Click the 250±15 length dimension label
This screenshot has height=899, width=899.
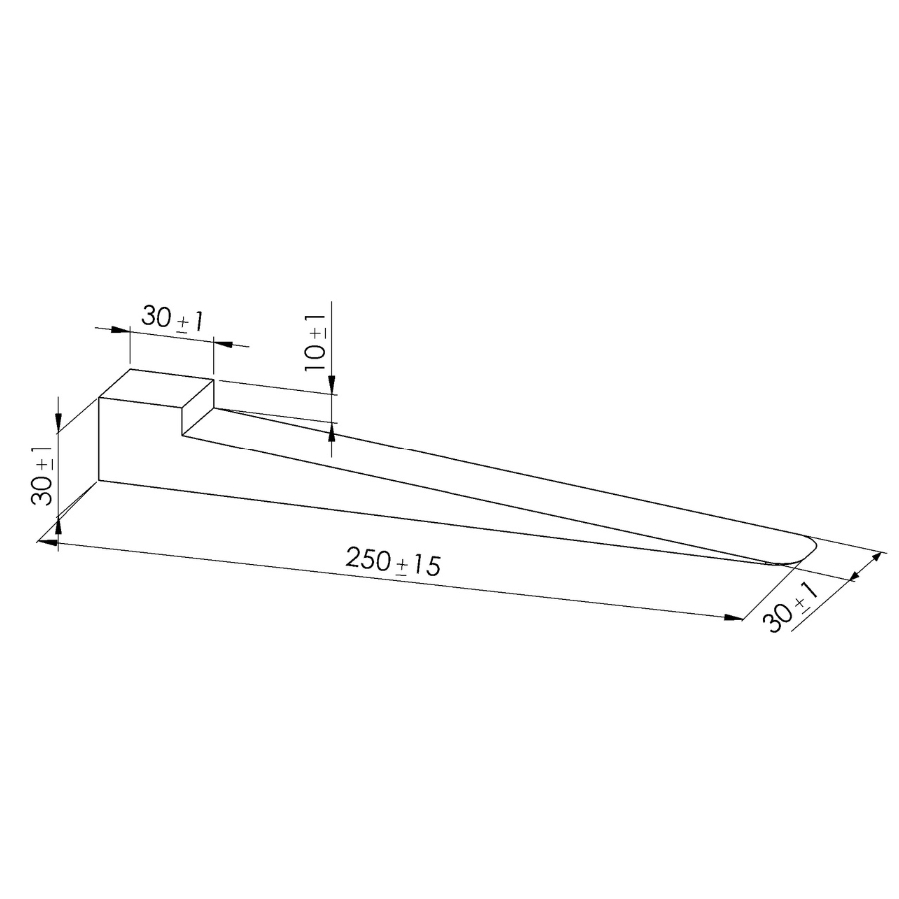tap(393, 561)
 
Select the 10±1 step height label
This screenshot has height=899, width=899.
tap(315, 343)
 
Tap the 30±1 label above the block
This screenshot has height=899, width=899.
tap(172, 319)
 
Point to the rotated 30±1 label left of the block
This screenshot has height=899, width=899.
tap(42, 475)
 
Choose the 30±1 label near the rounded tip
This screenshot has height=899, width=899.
tap(791, 606)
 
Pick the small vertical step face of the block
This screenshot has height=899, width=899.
tap(198, 407)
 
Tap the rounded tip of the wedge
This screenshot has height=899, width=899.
tap(803, 550)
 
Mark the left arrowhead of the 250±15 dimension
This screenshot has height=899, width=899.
tap(48, 541)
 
